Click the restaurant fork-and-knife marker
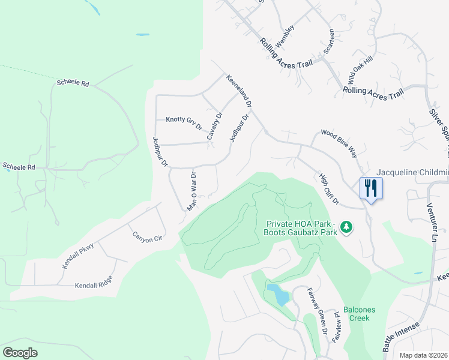tap(370, 188)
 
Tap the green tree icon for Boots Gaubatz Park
tap(346, 227)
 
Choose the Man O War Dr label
tap(192, 191)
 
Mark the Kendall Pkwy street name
tap(79, 255)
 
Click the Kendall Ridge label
tap(94, 286)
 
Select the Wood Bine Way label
tap(340, 143)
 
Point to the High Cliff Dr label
tap(329, 187)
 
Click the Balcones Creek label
tap(360, 314)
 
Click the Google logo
tap(20, 352)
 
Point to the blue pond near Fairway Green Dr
tap(278, 294)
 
